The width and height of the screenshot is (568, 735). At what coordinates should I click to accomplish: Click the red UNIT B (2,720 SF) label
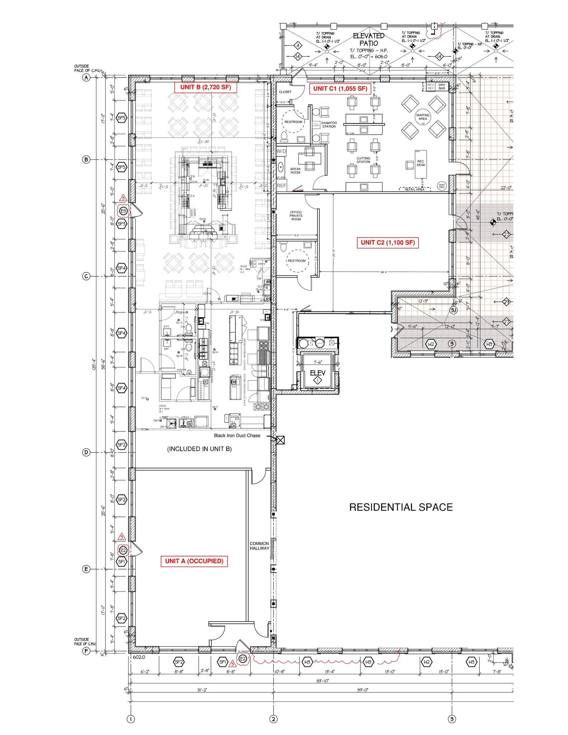[206, 87]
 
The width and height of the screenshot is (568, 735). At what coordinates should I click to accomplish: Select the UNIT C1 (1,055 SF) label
[340, 89]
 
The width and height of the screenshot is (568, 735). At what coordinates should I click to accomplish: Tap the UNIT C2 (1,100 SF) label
[388, 243]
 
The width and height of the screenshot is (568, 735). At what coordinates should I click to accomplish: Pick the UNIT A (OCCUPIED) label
[194, 561]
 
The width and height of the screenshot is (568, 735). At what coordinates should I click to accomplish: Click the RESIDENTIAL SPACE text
[401, 507]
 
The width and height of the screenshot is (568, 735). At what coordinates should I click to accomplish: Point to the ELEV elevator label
[318, 373]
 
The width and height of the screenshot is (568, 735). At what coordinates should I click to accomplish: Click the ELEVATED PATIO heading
[369, 39]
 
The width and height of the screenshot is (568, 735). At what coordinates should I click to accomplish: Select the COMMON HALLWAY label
[259, 546]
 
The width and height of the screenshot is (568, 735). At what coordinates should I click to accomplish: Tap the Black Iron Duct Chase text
[237, 435]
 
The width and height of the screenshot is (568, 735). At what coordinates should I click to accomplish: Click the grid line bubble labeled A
[86, 78]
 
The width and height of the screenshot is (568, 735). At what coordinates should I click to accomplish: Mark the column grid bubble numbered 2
[273, 719]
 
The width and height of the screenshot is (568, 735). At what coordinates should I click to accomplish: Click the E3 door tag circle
[123, 211]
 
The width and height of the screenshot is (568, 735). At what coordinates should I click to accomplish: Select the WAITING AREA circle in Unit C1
[423, 117]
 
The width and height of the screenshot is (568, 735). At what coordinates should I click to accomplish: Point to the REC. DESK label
[421, 163]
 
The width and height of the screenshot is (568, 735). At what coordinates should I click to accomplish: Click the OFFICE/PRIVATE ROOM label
[296, 216]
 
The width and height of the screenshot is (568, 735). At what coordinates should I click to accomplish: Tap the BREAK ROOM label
[295, 170]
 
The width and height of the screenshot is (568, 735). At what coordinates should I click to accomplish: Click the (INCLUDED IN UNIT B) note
[199, 449]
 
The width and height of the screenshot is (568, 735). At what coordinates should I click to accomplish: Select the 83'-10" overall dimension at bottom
[322, 681]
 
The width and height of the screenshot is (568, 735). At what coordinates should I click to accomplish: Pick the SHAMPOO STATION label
[329, 125]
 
